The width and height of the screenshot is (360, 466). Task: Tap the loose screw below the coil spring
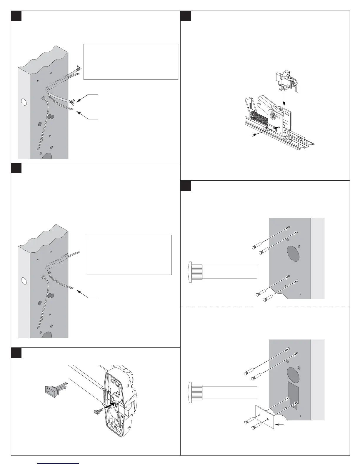tap(254, 135)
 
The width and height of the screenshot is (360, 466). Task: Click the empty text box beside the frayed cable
tap(131, 62)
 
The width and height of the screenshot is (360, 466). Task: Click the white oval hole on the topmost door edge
tap(24, 102)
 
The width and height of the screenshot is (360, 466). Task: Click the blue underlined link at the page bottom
tap(59, 464)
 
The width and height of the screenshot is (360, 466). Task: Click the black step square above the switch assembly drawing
tap(186, 16)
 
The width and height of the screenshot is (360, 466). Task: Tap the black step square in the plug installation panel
tap(16, 353)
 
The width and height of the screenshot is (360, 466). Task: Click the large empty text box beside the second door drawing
tap(129, 255)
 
